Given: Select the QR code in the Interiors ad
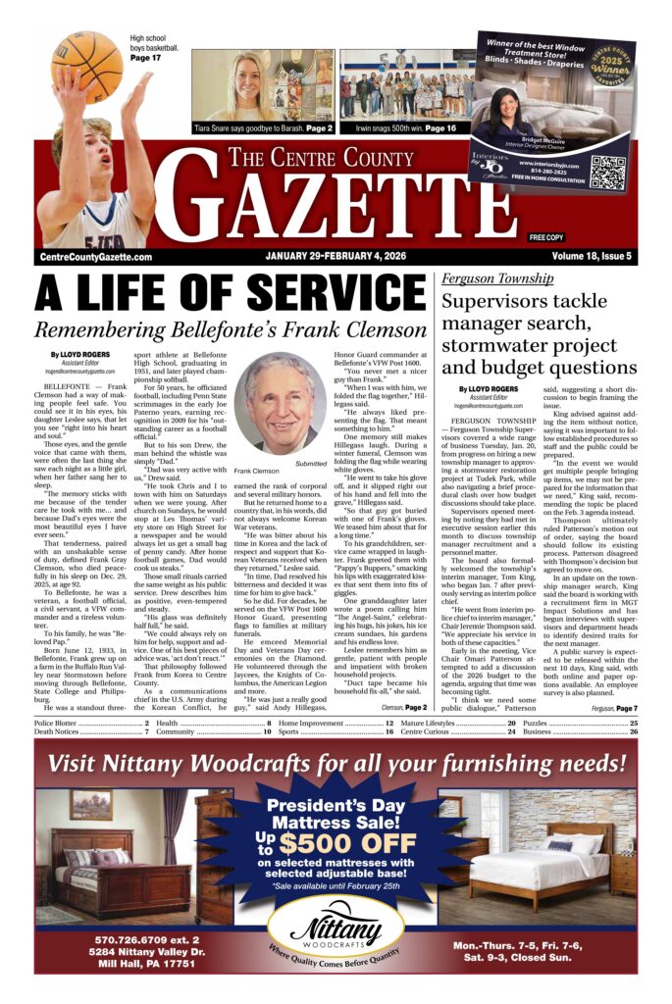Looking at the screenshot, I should (x=607, y=173).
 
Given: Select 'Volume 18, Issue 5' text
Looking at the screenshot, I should (x=591, y=257).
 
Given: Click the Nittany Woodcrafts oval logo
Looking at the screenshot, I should (x=336, y=927).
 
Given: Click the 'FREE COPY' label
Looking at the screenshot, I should (x=546, y=237).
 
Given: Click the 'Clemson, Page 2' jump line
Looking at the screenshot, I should (x=402, y=706).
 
